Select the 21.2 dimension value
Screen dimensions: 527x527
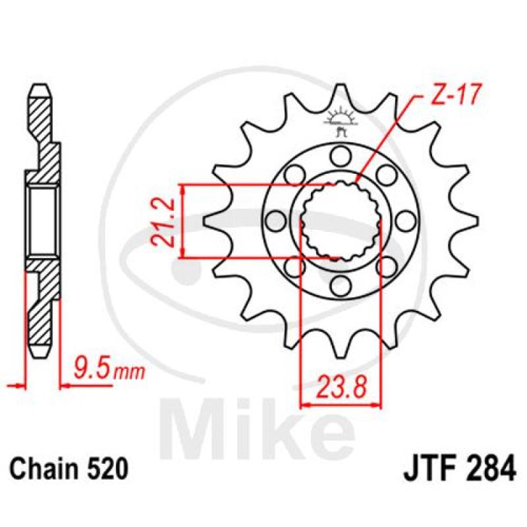pyautogui.click(x=163, y=223)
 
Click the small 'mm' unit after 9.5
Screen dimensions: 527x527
pyautogui.click(x=129, y=373)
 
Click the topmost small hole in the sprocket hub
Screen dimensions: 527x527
pyautogui.click(x=339, y=156)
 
